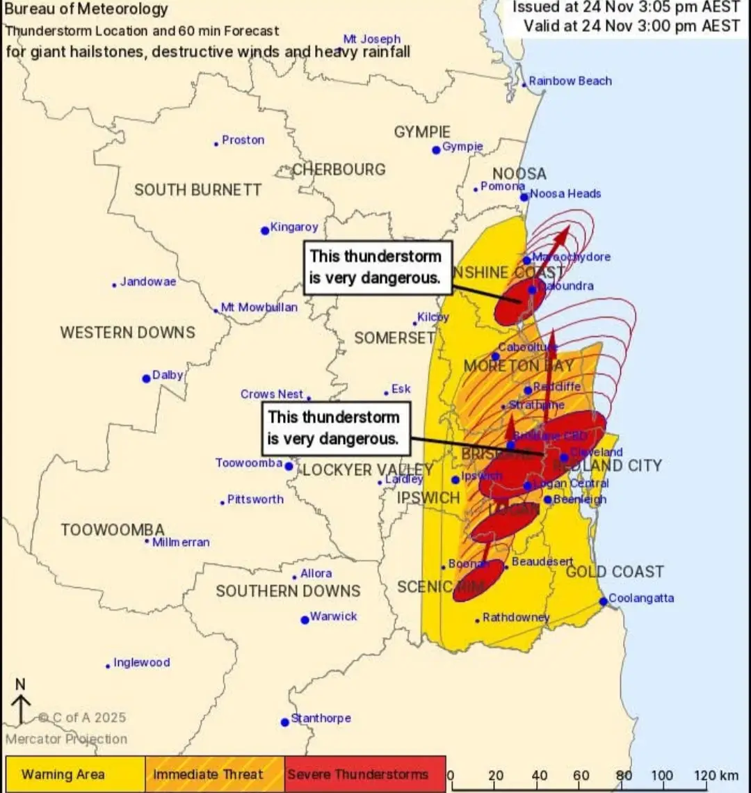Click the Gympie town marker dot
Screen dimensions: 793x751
(436, 150)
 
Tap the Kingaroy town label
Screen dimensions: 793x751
(294, 227)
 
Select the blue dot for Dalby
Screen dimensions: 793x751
(146, 378)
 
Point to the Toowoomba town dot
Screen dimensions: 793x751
(289, 466)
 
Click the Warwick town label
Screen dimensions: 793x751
(333, 616)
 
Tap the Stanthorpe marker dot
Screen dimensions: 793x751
(284, 722)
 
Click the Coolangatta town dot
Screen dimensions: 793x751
(603, 601)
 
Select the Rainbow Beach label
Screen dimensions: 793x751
(570, 81)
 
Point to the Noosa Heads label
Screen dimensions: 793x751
(565, 194)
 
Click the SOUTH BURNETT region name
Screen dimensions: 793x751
(197, 190)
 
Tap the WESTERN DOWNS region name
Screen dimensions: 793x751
(127, 333)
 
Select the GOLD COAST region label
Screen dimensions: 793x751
(615, 572)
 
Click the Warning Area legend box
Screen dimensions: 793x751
(75, 774)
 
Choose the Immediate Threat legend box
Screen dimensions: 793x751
(215, 774)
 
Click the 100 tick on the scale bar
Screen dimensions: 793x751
(661, 775)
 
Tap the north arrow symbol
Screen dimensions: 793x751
(21, 703)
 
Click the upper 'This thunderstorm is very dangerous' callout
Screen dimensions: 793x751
(376, 267)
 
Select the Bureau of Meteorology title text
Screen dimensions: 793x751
(86, 10)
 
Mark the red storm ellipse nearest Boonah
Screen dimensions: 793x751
(478, 581)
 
